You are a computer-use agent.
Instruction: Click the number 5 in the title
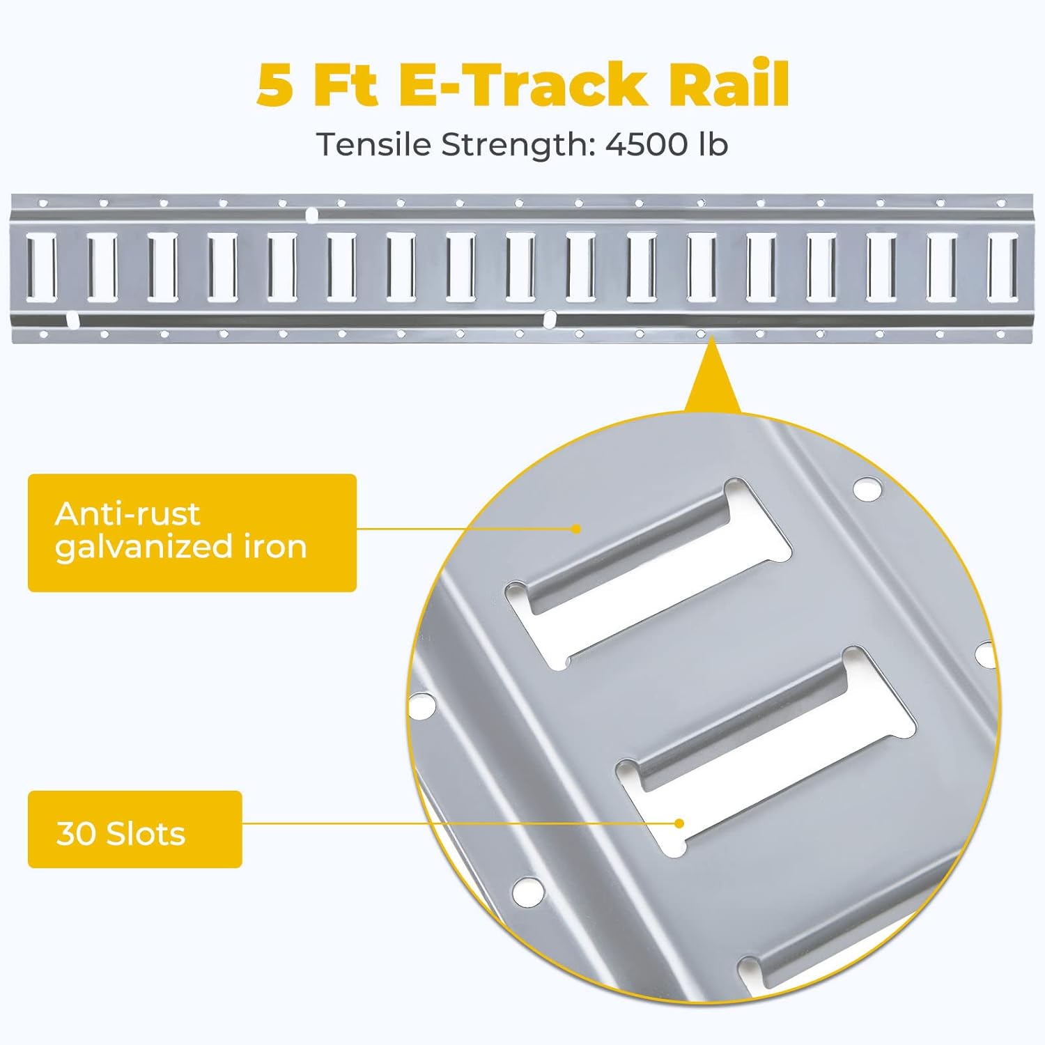(x=274, y=84)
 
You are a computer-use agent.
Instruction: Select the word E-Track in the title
(x=522, y=84)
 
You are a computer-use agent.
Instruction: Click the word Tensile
(x=376, y=144)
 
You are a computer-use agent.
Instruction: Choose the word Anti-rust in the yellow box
(x=127, y=514)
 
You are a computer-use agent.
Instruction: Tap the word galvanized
(x=144, y=548)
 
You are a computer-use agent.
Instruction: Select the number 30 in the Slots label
(x=76, y=833)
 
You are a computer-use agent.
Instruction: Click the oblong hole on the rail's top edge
(x=312, y=215)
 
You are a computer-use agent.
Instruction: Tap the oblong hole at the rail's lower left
(x=71, y=320)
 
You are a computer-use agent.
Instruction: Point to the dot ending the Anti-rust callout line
(x=575, y=529)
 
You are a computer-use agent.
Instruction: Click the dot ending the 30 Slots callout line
(x=679, y=823)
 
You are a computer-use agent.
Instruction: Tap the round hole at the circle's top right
(x=866, y=488)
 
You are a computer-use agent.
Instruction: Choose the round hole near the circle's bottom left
(x=527, y=890)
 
